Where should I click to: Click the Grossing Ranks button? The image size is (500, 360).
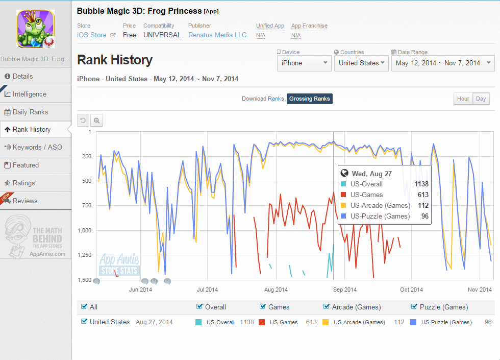309,99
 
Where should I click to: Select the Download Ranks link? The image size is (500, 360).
263,99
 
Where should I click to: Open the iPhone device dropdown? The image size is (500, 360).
304,63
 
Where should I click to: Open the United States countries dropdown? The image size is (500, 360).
361,63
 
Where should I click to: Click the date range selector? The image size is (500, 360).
443,63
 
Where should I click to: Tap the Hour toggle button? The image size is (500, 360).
463,99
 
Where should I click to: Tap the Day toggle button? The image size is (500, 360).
481,99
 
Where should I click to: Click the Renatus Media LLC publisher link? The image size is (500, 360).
217,35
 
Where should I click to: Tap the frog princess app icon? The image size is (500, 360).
35,29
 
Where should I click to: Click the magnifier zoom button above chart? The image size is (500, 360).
96,121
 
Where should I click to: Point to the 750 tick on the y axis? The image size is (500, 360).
87,205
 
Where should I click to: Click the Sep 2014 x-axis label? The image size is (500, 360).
345,290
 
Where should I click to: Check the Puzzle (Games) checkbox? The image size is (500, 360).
414,306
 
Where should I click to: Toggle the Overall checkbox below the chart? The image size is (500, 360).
199,306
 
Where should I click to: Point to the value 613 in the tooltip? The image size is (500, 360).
423,195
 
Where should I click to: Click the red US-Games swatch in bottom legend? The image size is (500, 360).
262,322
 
